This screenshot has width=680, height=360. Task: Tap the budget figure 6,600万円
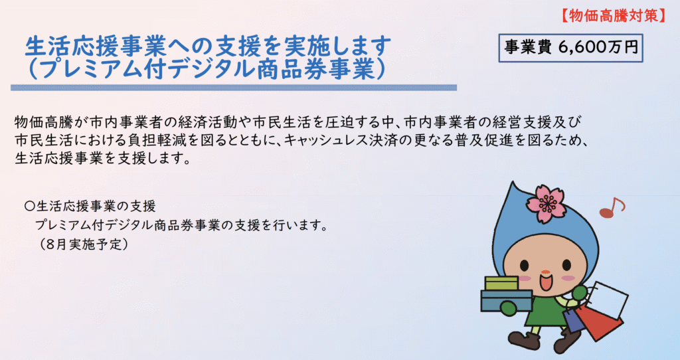point(598,48)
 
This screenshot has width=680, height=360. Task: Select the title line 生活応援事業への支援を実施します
point(208,46)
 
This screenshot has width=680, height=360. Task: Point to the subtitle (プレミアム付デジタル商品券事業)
point(207,69)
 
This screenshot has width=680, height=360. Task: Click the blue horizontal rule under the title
point(234,88)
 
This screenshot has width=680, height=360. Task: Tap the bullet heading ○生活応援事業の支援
point(90,206)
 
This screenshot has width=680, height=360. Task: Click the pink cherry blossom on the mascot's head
point(546,203)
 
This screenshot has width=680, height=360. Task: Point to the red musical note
point(611,208)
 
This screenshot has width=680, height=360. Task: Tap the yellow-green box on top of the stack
point(502,284)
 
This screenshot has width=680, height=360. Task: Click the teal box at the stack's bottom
point(507,301)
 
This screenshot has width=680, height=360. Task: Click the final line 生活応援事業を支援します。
point(103,158)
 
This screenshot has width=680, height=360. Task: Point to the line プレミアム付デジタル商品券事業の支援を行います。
point(181,226)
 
